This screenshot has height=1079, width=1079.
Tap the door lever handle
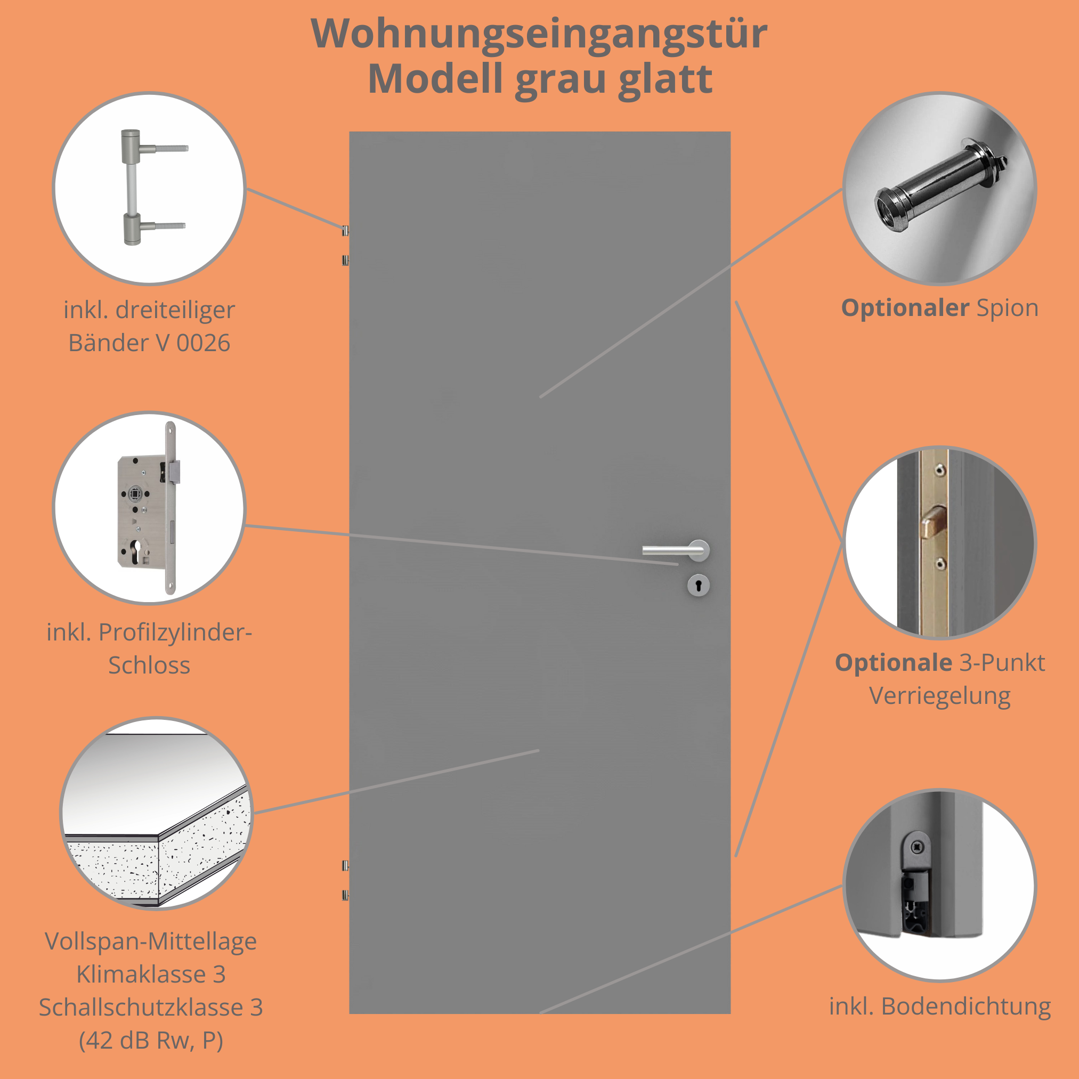pyautogui.click(x=676, y=550)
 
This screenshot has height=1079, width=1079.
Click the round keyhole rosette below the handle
pyautogui.click(x=698, y=585)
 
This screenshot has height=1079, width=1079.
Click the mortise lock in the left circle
pyautogui.click(x=148, y=508)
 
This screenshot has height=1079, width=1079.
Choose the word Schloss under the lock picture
pyautogui.click(x=149, y=665)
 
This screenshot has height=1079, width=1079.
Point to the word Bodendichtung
pyautogui.click(x=966, y=1007)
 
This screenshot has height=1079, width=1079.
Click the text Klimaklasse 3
pyautogui.click(x=151, y=975)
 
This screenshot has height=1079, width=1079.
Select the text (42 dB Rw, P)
pyautogui.click(x=151, y=1041)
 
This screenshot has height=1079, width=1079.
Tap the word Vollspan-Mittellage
pyautogui.click(x=151, y=942)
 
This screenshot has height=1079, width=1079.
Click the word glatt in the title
pyautogui.click(x=665, y=79)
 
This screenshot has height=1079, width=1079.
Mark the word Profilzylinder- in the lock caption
pyautogui.click(x=175, y=633)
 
